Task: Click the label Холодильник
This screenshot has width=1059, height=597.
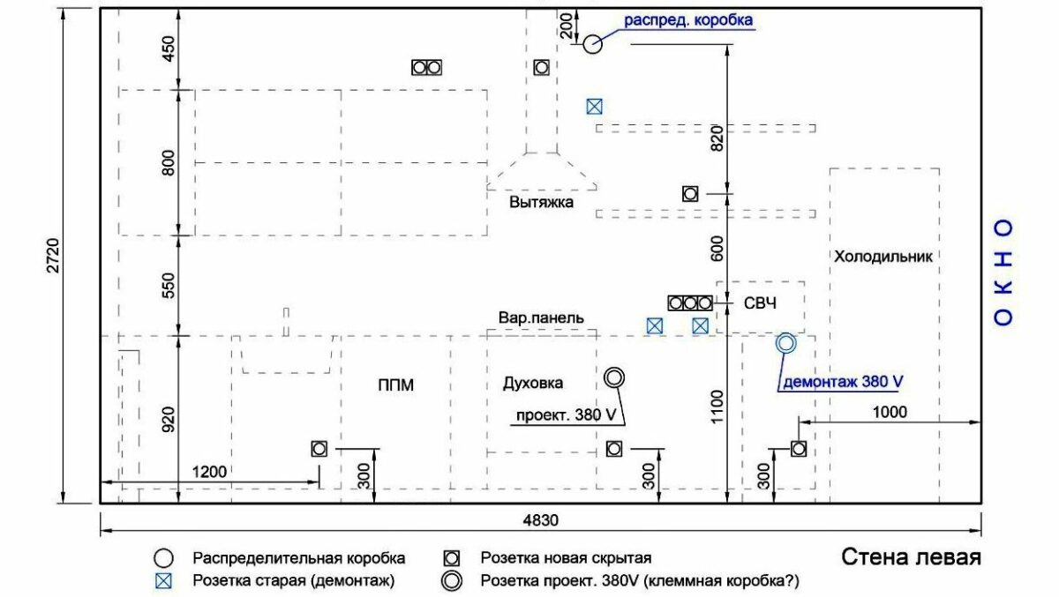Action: coord(883,257)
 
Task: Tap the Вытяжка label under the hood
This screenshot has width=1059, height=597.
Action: coord(541,202)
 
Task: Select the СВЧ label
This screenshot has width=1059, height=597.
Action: coord(760,303)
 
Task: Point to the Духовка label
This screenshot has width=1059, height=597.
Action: coord(533,383)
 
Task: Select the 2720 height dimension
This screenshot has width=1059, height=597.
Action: coord(53,255)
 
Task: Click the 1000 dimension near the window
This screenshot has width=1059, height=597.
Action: coord(890,412)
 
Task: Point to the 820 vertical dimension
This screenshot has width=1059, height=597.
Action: coord(717,138)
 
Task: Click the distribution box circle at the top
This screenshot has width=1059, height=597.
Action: coord(592,42)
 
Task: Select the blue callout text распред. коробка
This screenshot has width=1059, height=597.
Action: coord(689,19)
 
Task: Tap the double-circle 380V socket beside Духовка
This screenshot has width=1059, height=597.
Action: coord(614,378)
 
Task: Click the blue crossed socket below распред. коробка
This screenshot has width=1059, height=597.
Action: coord(595,107)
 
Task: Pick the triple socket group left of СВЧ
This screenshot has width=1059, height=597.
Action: coord(690,303)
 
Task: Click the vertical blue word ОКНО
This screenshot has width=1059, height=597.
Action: coord(1003,272)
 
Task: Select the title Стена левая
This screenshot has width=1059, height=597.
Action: coord(911,558)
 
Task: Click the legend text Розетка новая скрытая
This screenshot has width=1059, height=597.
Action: coord(566,558)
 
